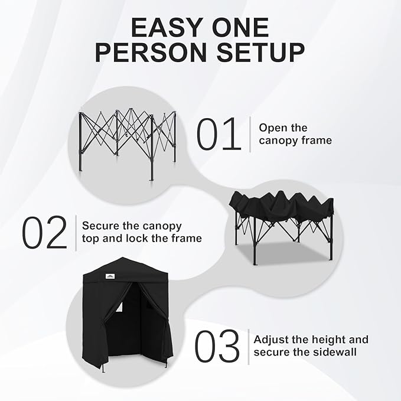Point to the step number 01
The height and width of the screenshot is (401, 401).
click(219, 134)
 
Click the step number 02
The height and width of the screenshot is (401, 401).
click(45, 233)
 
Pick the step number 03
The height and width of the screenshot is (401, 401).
click(218, 347)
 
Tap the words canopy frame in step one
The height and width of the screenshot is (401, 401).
click(295, 141)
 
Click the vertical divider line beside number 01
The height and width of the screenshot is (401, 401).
click(250, 134)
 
